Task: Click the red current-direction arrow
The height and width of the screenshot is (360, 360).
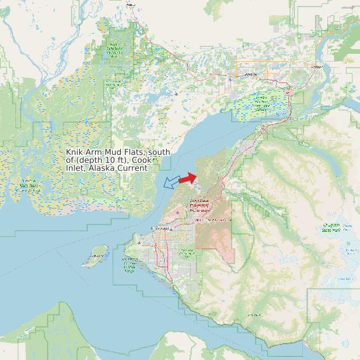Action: click(188, 178)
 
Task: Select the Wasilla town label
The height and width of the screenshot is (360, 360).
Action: click(250, 74)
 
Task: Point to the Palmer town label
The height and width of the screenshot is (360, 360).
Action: click(316, 66)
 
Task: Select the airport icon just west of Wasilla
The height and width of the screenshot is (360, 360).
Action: click(230, 80)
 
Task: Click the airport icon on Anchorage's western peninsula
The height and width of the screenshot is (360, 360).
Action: click(139, 242)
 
